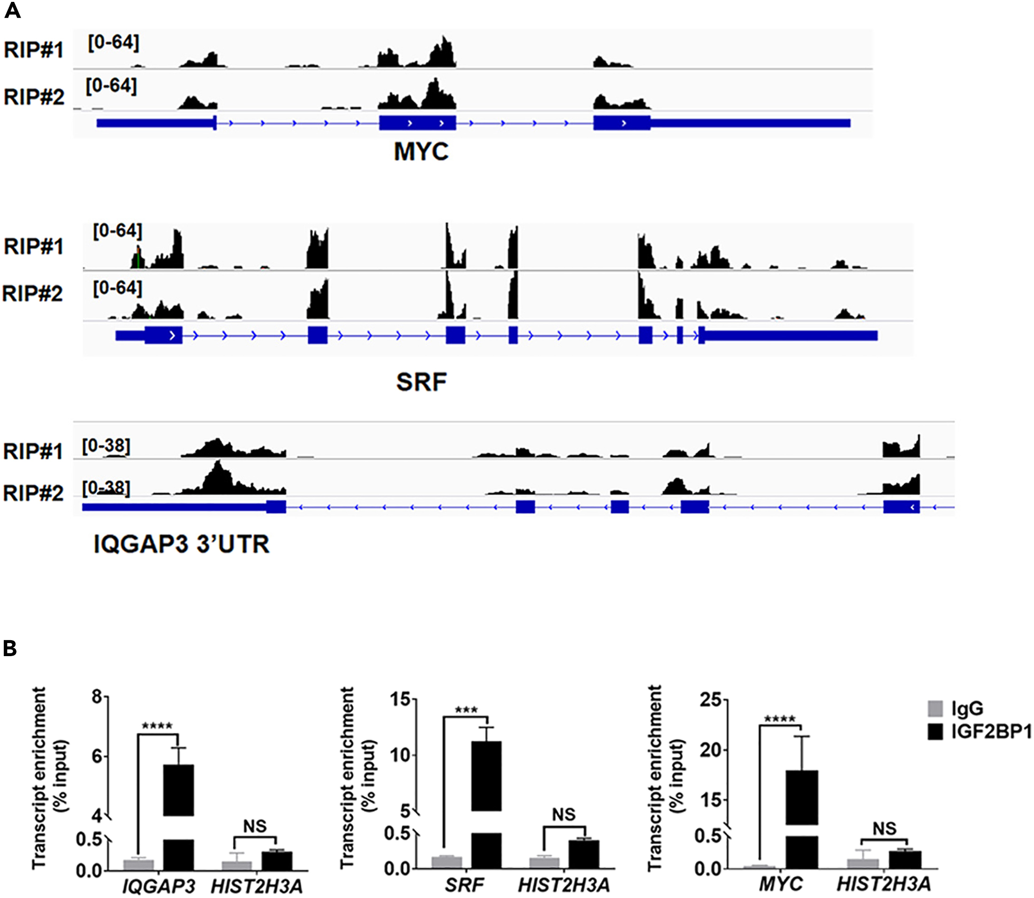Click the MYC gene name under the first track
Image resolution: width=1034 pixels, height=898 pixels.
pos(421,152)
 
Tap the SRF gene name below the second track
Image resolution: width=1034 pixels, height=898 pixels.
pos(421,382)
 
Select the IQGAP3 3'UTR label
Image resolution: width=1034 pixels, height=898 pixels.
pos(181,544)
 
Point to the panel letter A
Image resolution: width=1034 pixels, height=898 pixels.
pos(12,10)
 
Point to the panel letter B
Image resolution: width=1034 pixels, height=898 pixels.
pos(10,649)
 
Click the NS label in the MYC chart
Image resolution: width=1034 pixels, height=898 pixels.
pos(884,829)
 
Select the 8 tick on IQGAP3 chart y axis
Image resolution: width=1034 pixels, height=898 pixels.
pos(97,697)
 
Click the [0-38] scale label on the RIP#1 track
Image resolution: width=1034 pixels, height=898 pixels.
pos(106,446)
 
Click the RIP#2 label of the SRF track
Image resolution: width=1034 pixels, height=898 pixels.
pos(32,294)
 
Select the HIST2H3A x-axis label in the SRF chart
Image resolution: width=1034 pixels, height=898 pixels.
pos(564,885)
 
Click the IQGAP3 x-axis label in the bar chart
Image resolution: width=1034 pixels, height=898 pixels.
pos(159,886)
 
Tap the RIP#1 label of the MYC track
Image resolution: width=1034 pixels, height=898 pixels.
pos(33,50)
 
